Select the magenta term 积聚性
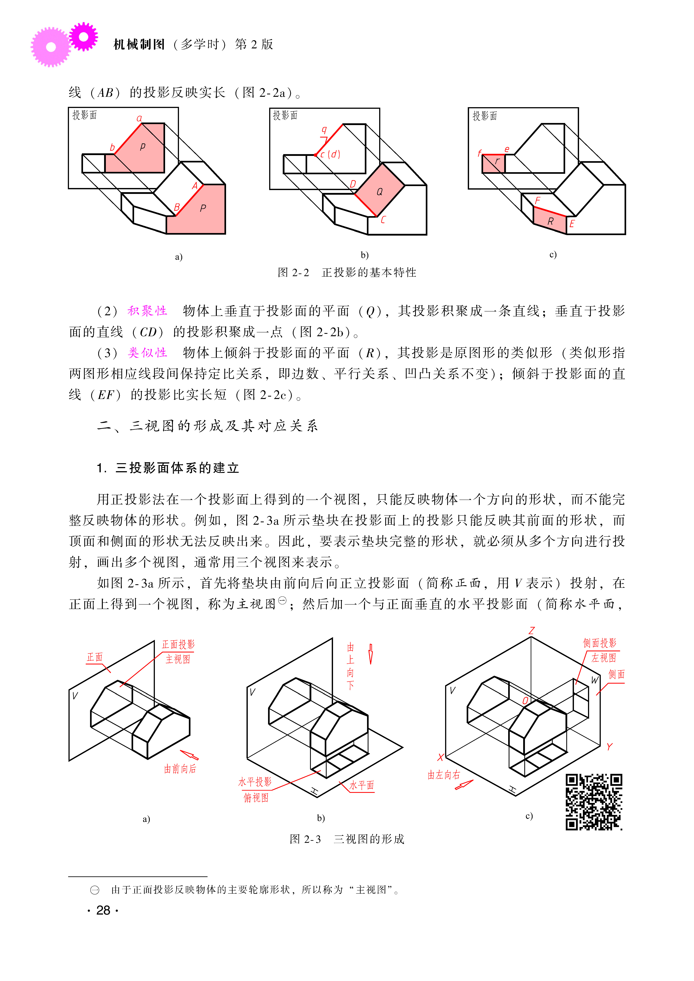coord(147,311)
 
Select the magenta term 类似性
coord(147,353)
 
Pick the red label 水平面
coord(362,785)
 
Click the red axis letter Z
coord(532,630)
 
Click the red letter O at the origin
coord(525,701)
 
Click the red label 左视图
coord(603,658)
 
